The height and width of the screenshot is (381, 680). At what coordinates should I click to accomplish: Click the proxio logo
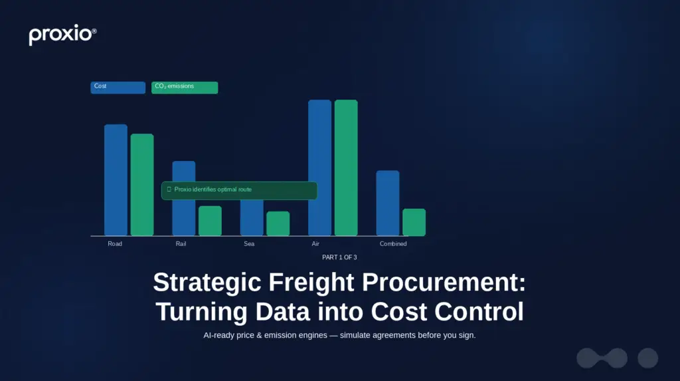(62, 35)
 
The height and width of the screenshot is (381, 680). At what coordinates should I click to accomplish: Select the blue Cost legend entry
(118, 87)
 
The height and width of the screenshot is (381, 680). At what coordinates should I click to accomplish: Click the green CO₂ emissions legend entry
(185, 87)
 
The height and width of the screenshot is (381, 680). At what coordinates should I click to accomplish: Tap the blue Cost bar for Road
(116, 180)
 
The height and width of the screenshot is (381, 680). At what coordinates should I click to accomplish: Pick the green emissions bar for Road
(142, 185)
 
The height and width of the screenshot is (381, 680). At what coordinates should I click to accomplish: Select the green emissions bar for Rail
(210, 221)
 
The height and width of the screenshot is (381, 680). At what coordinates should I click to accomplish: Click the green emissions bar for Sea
(278, 223)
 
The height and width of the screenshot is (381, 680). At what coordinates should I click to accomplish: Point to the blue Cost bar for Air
(319, 168)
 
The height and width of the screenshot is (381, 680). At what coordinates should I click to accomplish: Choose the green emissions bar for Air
(346, 168)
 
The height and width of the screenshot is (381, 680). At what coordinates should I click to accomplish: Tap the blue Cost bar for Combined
(388, 203)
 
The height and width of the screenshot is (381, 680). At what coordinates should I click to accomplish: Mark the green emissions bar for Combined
(414, 222)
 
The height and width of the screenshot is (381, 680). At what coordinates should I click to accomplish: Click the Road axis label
(115, 244)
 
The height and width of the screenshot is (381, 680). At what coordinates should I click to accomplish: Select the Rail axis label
(181, 244)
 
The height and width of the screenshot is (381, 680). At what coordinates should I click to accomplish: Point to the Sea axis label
(249, 244)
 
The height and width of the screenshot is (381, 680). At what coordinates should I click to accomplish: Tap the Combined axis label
(393, 244)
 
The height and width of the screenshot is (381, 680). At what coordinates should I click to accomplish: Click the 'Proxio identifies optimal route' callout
(239, 191)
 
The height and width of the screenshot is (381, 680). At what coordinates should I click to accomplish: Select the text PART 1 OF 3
(339, 257)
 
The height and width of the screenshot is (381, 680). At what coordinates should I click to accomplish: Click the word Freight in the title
(311, 283)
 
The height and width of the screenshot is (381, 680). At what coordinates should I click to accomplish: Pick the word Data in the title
(282, 311)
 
